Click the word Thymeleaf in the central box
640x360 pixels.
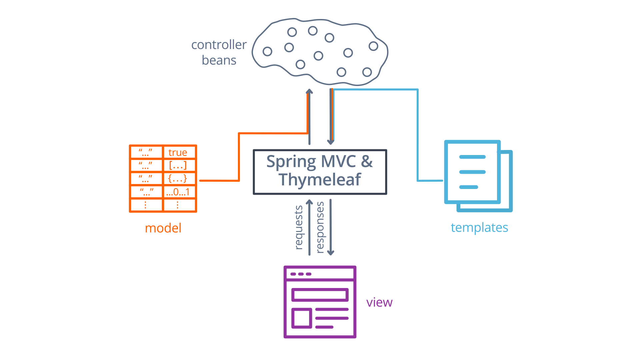(320, 180)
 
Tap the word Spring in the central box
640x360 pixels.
(291, 162)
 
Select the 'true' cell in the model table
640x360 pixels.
(178, 153)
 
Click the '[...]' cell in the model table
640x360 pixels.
(178, 165)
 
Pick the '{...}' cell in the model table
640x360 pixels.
(178, 179)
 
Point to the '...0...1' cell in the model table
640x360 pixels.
(178, 192)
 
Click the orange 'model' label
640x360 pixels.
(163, 228)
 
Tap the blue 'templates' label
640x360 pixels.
(479, 228)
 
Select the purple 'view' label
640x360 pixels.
(379, 302)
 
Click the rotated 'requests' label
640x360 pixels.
(299, 227)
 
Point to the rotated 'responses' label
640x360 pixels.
(320, 227)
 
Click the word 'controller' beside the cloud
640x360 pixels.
(219, 45)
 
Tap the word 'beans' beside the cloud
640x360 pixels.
(219, 60)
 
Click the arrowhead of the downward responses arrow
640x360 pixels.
(331, 253)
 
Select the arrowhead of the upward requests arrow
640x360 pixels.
(309, 202)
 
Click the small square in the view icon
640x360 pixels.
(302, 318)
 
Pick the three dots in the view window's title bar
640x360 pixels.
(301, 274)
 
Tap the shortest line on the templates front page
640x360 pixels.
(469, 187)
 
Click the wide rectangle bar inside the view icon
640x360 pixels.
(320, 295)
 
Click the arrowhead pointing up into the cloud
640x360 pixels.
(309, 91)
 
